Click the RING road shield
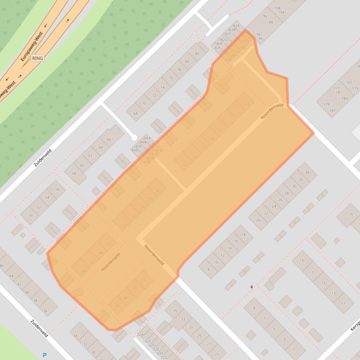37,58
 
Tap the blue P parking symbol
45,355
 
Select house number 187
332,110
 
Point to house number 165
349,82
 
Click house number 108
277,8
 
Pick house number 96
265,16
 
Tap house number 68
136,114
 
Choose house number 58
73,173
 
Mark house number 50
31,215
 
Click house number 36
45,311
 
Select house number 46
2,266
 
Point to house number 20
258,220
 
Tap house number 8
208,269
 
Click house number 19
302,260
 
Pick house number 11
344,303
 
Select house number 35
175,311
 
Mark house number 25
217,354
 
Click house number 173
355,88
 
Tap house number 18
243,235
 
